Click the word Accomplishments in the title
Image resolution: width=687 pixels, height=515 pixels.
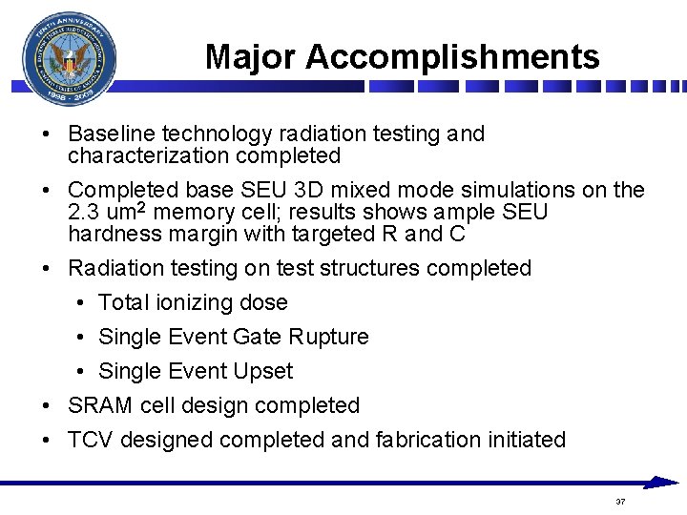(x=452, y=57)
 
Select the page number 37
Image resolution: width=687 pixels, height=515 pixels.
(x=620, y=502)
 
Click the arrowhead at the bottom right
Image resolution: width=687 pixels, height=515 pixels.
(x=662, y=483)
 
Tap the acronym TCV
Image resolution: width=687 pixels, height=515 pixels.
(x=91, y=440)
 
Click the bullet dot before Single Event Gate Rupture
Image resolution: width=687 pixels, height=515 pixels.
(x=83, y=338)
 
